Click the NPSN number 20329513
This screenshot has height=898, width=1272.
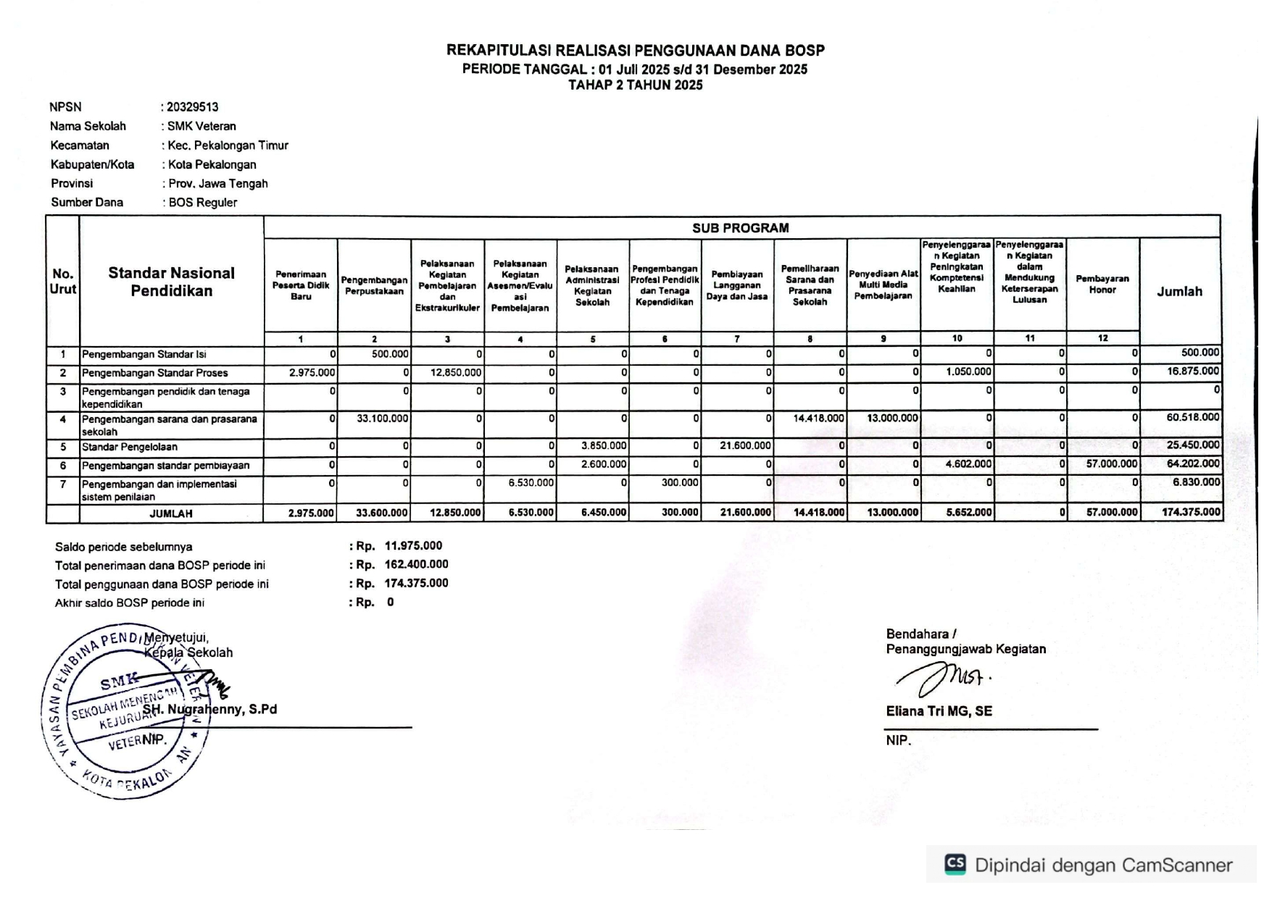click(193, 107)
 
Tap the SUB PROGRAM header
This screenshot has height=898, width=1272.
click(740, 228)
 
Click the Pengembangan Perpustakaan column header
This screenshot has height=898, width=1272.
click(374, 285)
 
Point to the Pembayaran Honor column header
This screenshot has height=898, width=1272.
click(1102, 284)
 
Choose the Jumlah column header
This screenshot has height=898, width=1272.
click(1179, 291)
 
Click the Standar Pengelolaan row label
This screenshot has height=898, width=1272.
click(130, 447)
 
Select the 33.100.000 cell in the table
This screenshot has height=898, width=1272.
click(383, 419)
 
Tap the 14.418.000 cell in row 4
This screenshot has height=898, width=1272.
click(819, 419)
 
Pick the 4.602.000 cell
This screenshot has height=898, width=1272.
click(968, 464)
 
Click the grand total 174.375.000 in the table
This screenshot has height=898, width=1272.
click(1191, 513)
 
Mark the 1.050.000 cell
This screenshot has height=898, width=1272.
click(968, 372)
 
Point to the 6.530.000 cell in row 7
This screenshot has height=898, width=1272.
click(531, 482)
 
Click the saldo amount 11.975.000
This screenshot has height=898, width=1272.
click(413, 546)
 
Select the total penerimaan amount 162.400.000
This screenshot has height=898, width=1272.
click(416, 565)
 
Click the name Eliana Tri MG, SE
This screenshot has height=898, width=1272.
click(939, 711)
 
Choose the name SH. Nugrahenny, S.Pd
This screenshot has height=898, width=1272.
click(209, 710)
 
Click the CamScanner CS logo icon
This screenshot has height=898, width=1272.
click(955, 864)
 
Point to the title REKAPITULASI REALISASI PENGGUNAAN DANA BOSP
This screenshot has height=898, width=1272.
click(635, 51)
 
